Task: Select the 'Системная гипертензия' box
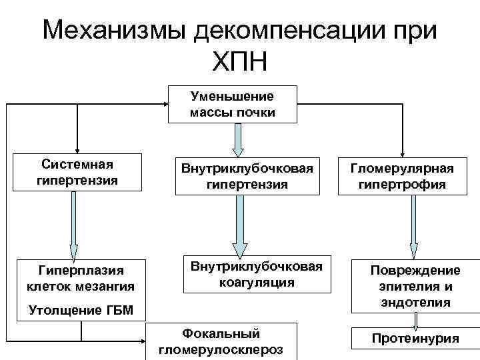(78, 172)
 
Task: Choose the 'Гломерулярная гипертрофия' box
(410, 176)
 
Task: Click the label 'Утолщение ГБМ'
(72, 311)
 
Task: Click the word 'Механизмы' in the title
(114, 30)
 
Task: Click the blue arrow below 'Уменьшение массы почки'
(238, 139)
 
